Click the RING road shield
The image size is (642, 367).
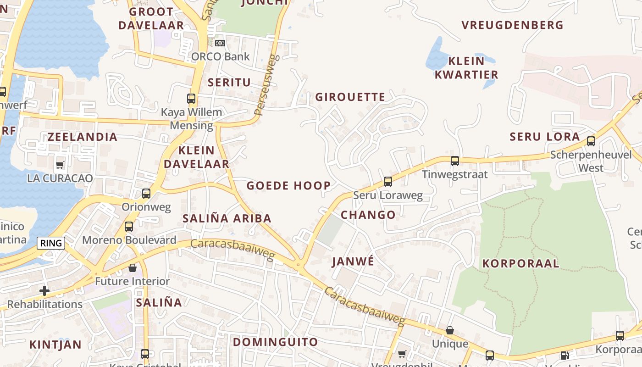[x=51, y=243]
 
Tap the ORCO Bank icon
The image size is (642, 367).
[x=220, y=43]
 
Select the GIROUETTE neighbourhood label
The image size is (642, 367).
[x=350, y=97]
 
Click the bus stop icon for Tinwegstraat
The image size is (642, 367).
[x=455, y=161]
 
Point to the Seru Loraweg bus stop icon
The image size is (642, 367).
[x=388, y=182]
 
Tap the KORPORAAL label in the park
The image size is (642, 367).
[x=520, y=263]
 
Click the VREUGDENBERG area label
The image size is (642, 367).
[x=512, y=25]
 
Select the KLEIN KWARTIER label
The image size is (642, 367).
[x=466, y=67]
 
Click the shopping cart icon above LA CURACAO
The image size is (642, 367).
[x=60, y=165]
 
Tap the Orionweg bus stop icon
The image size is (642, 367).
[x=146, y=194]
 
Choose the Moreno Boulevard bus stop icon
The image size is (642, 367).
[x=129, y=227]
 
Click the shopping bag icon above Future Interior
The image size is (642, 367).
[x=133, y=268]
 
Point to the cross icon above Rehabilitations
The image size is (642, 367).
[x=44, y=291]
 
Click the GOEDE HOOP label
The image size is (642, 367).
[x=288, y=185]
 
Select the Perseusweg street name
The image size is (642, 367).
[x=267, y=85]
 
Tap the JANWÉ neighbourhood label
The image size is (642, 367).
[x=353, y=261]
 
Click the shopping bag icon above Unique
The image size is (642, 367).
[x=450, y=331]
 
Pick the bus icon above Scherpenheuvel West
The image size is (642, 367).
[x=591, y=141]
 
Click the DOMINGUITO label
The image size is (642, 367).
[x=275, y=342]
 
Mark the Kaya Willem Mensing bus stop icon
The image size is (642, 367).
[x=191, y=99]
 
